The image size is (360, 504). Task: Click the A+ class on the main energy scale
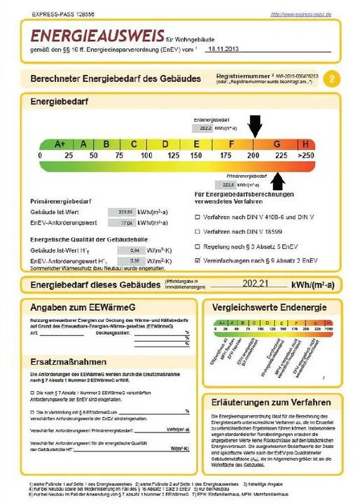tap(60, 144)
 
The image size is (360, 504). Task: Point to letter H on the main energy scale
tap(305, 144)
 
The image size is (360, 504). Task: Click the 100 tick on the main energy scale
tap(146, 156)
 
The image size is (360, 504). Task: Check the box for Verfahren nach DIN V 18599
tap(198, 230)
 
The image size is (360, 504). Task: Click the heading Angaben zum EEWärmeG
tap(78, 307)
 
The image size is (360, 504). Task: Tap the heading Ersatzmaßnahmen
tap(68, 363)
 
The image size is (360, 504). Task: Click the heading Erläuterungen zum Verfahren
tap(270, 402)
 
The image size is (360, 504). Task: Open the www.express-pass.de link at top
tap(300, 14)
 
